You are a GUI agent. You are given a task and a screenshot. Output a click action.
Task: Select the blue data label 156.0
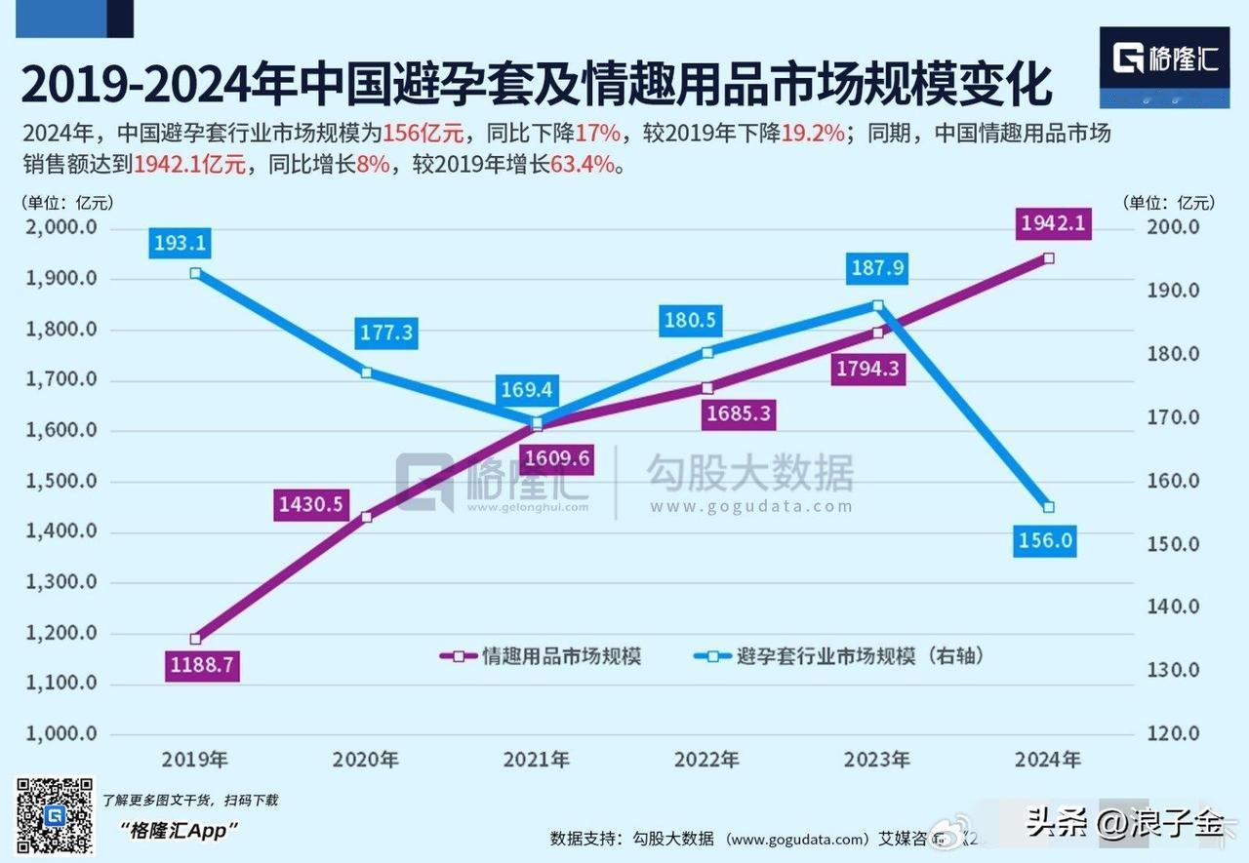pos(1044,540)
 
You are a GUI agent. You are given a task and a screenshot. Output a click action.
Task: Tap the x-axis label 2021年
pos(536,760)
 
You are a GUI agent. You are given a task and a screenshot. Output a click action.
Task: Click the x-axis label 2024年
pos(1047,760)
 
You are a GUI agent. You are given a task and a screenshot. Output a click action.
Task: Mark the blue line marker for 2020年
pos(366,373)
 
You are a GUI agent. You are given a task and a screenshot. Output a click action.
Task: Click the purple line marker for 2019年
pos(195,639)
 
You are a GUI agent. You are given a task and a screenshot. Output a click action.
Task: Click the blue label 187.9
pos(876,268)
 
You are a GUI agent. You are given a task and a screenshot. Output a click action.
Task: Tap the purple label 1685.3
pos(739,413)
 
